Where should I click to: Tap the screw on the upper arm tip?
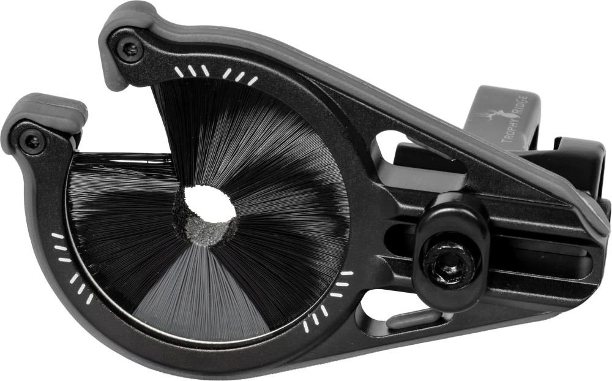[x=129, y=48]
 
